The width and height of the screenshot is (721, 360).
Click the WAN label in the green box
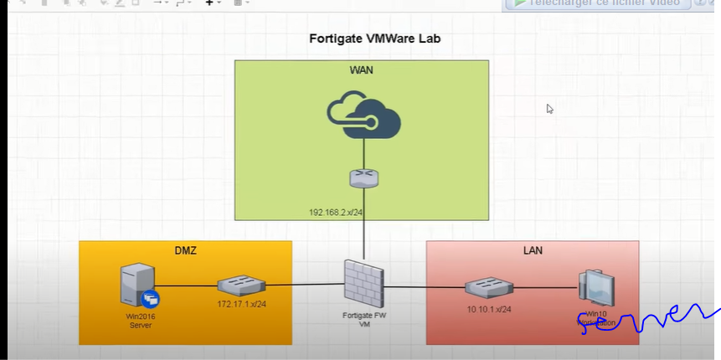361,70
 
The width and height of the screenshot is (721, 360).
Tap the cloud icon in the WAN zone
363,116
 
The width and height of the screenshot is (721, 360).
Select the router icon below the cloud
363,177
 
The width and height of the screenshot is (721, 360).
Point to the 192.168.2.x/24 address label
335,213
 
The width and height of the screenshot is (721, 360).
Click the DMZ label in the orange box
185,250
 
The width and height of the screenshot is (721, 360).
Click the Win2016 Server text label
140,321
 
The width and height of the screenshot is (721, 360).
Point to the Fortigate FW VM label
363,319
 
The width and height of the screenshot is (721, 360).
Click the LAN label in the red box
532,250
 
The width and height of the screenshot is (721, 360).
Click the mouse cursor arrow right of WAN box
550,109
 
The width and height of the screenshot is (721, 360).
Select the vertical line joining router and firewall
363,230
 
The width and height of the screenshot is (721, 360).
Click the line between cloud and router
363,154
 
